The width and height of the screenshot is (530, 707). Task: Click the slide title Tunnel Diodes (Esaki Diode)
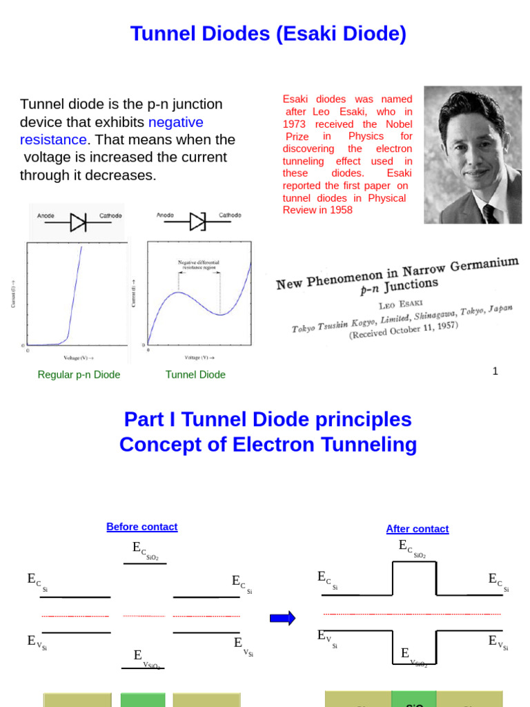268,33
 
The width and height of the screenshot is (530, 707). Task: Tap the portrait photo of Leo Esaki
473,155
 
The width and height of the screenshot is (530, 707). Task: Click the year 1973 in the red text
295,124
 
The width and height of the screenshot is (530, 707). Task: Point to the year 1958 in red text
340,210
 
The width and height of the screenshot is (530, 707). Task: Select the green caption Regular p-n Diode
79,375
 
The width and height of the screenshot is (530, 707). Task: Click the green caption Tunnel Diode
195,375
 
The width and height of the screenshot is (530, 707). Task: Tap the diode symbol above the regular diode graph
79,222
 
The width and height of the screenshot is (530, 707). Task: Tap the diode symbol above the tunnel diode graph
198,222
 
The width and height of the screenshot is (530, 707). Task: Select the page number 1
495,371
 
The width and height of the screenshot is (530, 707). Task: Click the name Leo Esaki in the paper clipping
401,302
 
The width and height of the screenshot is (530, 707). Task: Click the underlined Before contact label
141,527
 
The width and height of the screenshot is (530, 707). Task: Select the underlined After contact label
417,529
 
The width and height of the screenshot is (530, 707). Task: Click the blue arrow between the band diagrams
282,618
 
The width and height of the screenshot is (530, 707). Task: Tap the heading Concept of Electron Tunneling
268,445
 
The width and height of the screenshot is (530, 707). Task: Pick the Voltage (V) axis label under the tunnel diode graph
199,358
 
